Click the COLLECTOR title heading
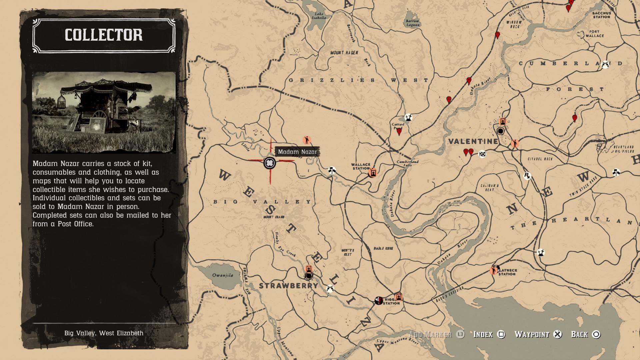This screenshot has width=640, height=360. [104, 35]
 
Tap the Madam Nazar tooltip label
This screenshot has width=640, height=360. [297, 152]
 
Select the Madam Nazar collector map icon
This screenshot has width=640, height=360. [269, 163]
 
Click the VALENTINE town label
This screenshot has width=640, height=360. [473, 141]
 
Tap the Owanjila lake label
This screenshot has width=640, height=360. [223, 275]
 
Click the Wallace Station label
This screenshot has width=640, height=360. [361, 166]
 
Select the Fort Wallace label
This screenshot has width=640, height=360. [595, 34]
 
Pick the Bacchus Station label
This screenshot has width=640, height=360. [602, 15]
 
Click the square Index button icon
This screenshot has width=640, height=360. [501, 334]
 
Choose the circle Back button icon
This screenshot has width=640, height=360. [596, 334]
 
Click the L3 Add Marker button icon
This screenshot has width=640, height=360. [460, 334]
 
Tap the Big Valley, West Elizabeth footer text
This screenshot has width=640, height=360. [104, 333]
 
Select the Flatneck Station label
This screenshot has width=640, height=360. [507, 272]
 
